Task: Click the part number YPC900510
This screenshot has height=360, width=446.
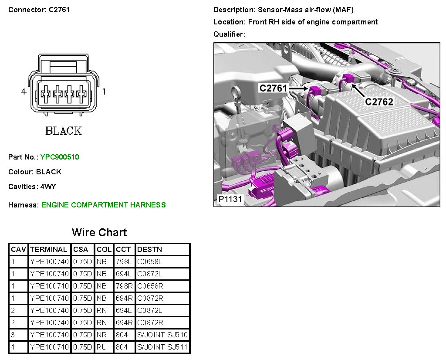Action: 60,157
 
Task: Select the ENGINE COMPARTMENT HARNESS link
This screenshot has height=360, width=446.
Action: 103,205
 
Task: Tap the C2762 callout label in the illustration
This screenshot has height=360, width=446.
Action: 379,102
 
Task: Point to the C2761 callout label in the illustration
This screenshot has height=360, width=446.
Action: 273,88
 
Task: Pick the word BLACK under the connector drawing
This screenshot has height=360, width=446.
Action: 64,131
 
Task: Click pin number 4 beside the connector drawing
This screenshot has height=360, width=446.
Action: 24,92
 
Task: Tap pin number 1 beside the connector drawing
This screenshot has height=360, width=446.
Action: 104,92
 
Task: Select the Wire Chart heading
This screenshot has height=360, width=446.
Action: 99,232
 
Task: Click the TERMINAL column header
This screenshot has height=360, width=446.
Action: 49,250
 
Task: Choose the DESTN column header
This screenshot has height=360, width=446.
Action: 149,250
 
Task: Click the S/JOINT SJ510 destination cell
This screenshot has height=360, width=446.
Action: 162,335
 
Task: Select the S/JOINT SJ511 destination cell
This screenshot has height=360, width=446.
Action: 162,347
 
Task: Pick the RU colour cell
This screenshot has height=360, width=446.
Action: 101,347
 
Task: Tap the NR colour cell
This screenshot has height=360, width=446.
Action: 101,335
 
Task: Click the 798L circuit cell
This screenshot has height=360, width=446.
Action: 124,262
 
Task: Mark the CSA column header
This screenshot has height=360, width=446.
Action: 80,250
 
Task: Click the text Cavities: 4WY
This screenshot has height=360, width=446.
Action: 32,187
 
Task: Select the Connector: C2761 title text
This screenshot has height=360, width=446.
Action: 39,10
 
